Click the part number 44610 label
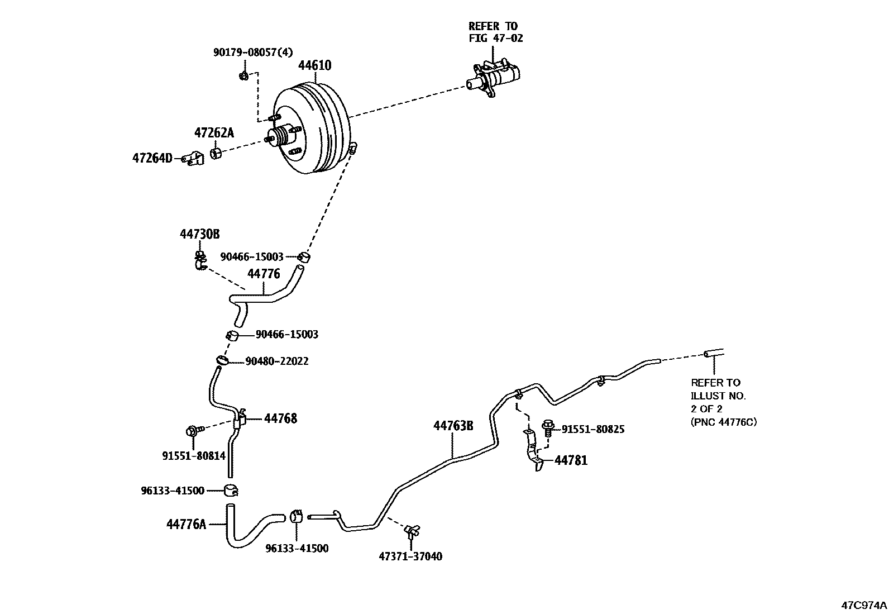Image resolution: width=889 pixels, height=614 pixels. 314,66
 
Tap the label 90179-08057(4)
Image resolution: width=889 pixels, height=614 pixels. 252,53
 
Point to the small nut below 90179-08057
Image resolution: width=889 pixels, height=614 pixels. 243,75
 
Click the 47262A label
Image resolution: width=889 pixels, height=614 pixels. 214,133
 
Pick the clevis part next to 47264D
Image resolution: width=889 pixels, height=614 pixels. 194,158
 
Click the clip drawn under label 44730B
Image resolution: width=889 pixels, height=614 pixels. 200,260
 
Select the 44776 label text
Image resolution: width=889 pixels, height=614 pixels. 264,274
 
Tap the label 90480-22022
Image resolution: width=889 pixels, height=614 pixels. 277,361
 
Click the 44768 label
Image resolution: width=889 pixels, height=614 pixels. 280,418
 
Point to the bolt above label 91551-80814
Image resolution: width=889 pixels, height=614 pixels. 192,431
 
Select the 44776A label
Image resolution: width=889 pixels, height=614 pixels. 186,524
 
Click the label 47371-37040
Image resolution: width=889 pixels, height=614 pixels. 410,556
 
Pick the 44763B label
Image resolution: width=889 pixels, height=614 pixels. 453,426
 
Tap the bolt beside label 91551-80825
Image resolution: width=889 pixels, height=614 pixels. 548,429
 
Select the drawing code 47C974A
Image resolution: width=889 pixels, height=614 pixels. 863,605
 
